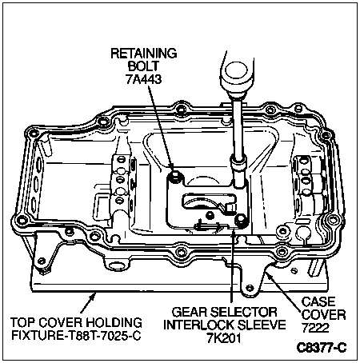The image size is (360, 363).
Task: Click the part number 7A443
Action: coord(144,79)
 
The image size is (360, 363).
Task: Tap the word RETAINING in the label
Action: coord(144,54)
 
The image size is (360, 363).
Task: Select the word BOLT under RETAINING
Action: coord(143,66)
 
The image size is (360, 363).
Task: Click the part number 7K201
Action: coord(224,337)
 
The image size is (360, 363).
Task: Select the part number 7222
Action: coord(315,328)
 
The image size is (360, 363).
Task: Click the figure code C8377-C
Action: coord(322,347)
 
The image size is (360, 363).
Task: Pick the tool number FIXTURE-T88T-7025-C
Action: coord(76,335)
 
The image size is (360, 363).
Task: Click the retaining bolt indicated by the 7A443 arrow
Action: coord(175,176)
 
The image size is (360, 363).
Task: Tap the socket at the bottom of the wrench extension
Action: coord(238,173)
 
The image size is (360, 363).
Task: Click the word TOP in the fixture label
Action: coord(23,322)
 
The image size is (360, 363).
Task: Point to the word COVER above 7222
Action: coord(324,315)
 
